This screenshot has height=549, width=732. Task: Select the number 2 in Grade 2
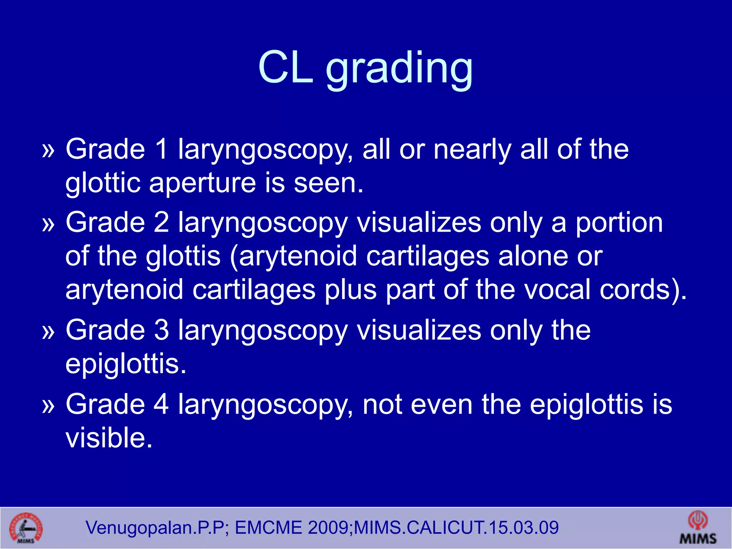coord(161,222)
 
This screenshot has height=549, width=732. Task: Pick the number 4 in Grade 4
coord(161,404)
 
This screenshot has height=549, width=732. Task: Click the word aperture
coord(202,183)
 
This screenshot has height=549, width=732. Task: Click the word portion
coord(619,222)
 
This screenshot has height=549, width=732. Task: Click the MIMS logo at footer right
coord(698,528)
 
